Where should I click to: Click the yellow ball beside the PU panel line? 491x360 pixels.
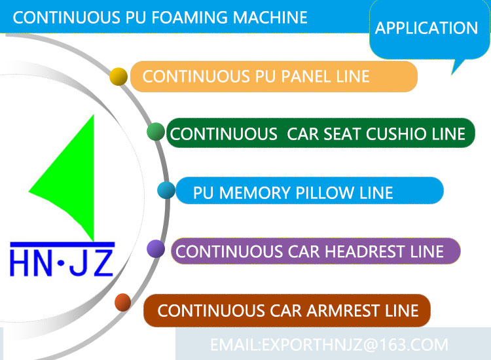pyautogui.click(x=118, y=77)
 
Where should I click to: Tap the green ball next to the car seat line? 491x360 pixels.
pyautogui.click(x=156, y=132)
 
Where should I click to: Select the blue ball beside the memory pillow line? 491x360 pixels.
pyautogui.click(x=166, y=190)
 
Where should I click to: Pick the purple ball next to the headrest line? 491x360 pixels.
pyautogui.click(x=156, y=249)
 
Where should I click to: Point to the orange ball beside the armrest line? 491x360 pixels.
pyautogui.click(x=122, y=302)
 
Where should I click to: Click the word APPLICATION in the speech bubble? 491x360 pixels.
pyautogui.click(x=426, y=28)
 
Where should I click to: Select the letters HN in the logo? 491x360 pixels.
pyautogui.click(x=32, y=262)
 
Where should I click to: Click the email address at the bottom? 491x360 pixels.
pyautogui.click(x=329, y=344)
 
